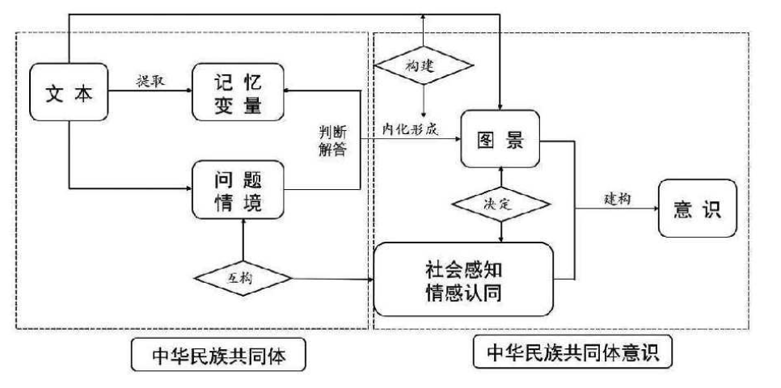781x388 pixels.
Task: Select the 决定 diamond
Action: pos(502,205)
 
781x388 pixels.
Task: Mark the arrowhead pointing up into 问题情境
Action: pos(243,224)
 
